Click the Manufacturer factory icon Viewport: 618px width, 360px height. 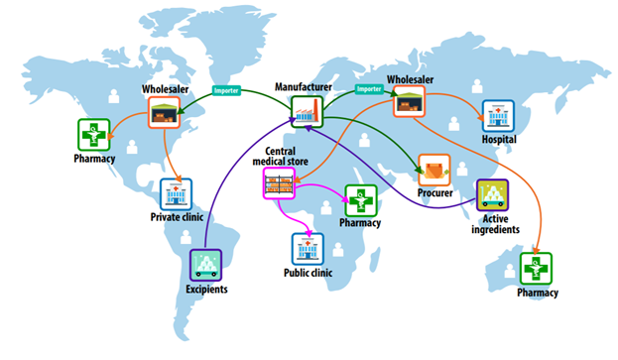308,111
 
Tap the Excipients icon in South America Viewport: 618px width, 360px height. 205,265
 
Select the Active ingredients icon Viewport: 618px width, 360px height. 492,195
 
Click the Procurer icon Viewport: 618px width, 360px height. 434,170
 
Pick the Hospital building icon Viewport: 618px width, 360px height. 498,116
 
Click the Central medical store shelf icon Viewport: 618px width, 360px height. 279,183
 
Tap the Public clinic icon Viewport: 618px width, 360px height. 308,249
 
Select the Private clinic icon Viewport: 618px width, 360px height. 176,194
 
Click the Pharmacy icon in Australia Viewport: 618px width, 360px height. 536,269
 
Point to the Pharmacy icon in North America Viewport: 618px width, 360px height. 94,135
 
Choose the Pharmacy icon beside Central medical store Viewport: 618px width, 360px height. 361,201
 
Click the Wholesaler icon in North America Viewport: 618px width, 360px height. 165,113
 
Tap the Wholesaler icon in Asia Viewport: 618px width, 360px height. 410,101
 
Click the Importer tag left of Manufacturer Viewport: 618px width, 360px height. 226,90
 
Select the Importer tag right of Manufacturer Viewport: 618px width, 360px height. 369,89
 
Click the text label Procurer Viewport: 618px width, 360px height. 435,193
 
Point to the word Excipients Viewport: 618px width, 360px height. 206,290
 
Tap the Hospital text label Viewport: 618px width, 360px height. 499,140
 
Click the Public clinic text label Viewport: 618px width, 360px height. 308,273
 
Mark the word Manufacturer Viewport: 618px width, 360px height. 304,86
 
